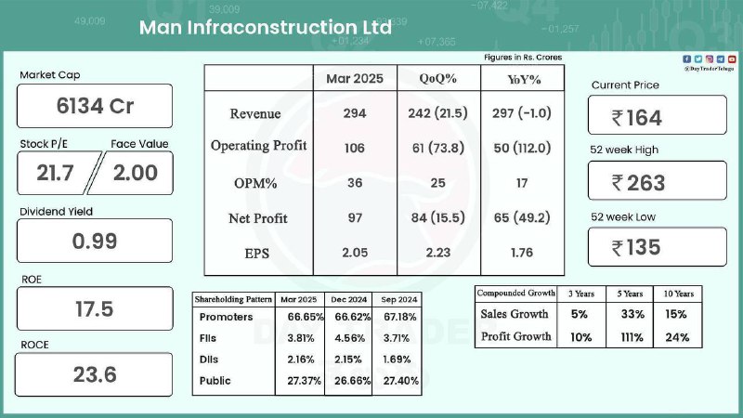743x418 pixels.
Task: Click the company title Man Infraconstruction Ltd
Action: pos(266,28)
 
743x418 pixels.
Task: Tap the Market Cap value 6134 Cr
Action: pos(95,106)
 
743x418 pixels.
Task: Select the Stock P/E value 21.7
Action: pos(55,173)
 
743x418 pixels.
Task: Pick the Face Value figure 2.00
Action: pos(135,173)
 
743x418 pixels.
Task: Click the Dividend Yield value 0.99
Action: pos(95,241)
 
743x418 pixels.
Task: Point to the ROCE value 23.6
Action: pos(95,374)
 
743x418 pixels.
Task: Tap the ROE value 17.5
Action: pos(95,309)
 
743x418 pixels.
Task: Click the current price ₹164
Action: pos(636,118)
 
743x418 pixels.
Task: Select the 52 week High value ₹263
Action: pos(638,183)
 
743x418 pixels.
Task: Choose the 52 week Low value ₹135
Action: pos(636,247)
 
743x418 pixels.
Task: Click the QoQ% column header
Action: pos(437,78)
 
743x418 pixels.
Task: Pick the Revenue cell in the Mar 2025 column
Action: pos(355,113)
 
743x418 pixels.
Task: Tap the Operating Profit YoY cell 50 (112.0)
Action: pos(522,148)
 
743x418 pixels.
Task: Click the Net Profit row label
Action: pos(258,218)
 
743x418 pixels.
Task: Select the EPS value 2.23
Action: pos(437,253)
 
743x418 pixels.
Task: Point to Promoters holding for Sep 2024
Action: pos(400,317)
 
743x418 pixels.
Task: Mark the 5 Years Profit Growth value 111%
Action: pos(632,337)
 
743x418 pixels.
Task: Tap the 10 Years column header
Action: pos(678,294)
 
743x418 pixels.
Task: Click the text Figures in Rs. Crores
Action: pos(523,58)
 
